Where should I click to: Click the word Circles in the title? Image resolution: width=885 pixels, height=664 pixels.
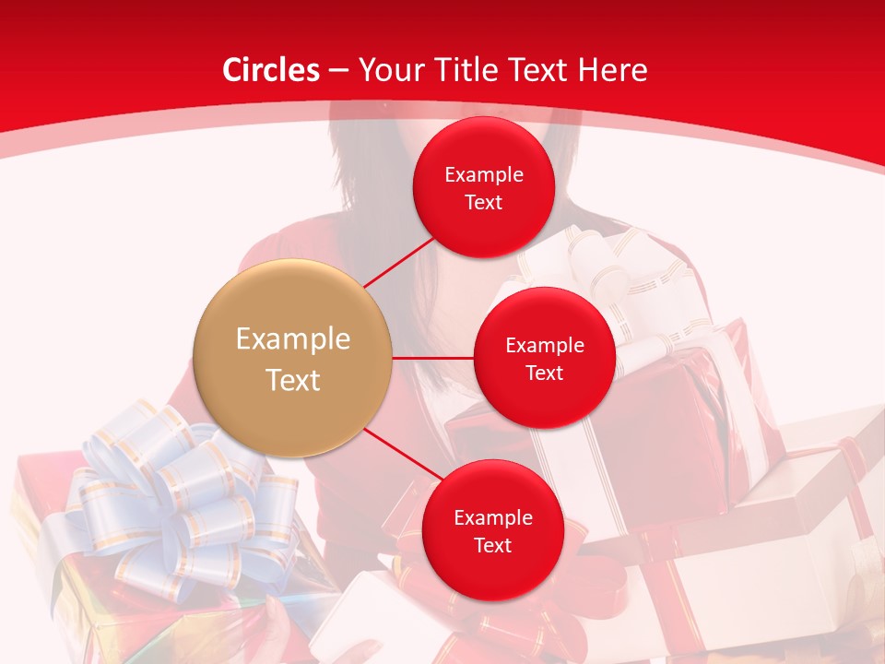[x=271, y=70]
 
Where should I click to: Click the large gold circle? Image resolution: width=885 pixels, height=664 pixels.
[x=292, y=359]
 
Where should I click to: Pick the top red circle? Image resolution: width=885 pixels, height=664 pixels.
[x=483, y=188]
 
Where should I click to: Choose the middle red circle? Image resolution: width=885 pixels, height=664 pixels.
[x=544, y=358]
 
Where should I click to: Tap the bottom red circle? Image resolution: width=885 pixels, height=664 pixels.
[x=492, y=531]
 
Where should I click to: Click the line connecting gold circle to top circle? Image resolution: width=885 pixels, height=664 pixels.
[x=398, y=261]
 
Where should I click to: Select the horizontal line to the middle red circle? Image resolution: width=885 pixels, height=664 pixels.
[x=433, y=357]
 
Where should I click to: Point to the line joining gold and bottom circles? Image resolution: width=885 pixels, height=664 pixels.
[x=403, y=453]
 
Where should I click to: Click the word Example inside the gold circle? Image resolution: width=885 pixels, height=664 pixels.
[x=293, y=338]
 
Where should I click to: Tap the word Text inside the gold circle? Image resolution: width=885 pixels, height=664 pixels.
[x=293, y=379]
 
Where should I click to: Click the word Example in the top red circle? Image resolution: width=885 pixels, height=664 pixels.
[x=484, y=174]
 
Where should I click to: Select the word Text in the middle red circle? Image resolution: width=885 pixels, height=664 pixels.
[x=544, y=373]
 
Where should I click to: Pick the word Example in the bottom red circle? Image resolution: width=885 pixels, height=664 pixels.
[x=493, y=517]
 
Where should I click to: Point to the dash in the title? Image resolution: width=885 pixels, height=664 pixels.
[x=338, y=70]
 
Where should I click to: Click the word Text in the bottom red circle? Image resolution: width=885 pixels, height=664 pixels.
[x=492, y=545]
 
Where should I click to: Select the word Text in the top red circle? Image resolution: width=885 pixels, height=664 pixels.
[x=483, y=202]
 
